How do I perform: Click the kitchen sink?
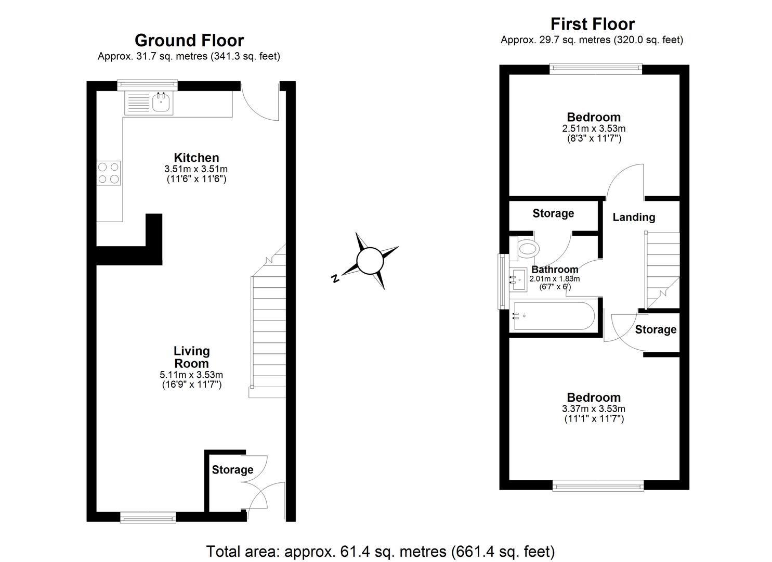(x=162, y=103)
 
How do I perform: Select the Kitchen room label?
(x=196, y=158)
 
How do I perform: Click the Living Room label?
(x=191, y=357)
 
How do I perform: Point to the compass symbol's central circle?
(x=370, y=261)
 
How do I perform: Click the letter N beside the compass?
(x=336, y=278)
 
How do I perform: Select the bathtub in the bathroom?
(x=554, y=315)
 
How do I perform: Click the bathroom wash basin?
(x=518, y=280)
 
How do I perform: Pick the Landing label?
(x=633, y=218)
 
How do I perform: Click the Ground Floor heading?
(x=189, y=41)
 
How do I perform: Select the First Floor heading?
(x=592, y=24)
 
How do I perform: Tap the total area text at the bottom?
(x=381, y=551)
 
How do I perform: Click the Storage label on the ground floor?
(x=232, y=470)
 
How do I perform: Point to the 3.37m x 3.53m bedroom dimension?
(x=593, y=409)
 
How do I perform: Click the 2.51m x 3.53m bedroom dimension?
(x=593, y=129)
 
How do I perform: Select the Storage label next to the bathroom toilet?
(x=553, y=213)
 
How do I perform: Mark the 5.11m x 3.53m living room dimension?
(x=191, y=375)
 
